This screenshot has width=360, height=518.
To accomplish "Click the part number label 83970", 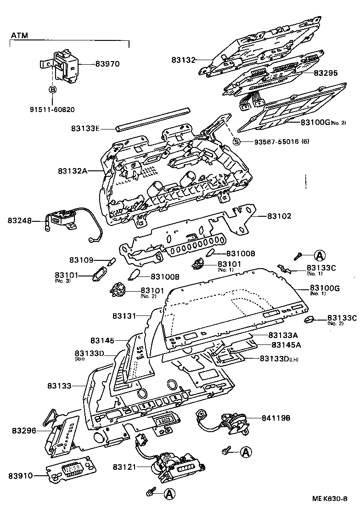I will click(x=107, y=64).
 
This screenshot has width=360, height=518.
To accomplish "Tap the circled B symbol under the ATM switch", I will click(x=53, y=89).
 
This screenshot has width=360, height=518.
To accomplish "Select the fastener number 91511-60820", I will click(x=52, y=109).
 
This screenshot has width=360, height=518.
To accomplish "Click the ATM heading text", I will click(x=19, y=35).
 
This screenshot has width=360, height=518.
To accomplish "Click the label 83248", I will click(x=20, y=220).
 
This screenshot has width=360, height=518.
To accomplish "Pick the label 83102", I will click(x=280, y=215).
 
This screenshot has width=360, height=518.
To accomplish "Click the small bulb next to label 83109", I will click(x=110, y=262).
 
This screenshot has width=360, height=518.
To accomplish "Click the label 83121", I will click(x=125, y=467).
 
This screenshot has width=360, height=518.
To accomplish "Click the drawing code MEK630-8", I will click(x=329, y=499).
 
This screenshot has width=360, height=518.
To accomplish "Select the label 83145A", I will click(x=286, y=345).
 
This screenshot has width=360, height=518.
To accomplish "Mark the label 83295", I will click(x=326, y=73).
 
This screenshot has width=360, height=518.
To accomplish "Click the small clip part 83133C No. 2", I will click(x=309, y=319).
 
